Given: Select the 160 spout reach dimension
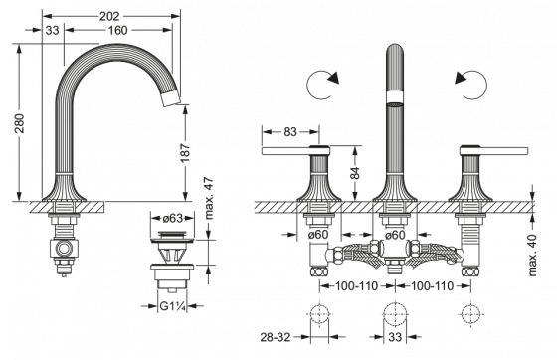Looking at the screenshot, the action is click(118, 30).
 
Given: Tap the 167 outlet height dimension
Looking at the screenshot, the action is click(186, 155).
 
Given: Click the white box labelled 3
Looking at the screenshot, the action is click(59, 31).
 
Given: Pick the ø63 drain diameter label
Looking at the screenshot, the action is click(171, 216).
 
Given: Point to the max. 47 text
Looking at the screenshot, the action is click(209, 195).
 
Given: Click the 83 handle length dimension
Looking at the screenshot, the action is click(289, 130).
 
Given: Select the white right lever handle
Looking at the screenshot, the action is click(492, 150).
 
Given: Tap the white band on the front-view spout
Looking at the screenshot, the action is click(395, 96).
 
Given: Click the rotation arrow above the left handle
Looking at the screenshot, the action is click(324, 85).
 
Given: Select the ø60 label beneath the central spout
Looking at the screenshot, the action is click(394, 235).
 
